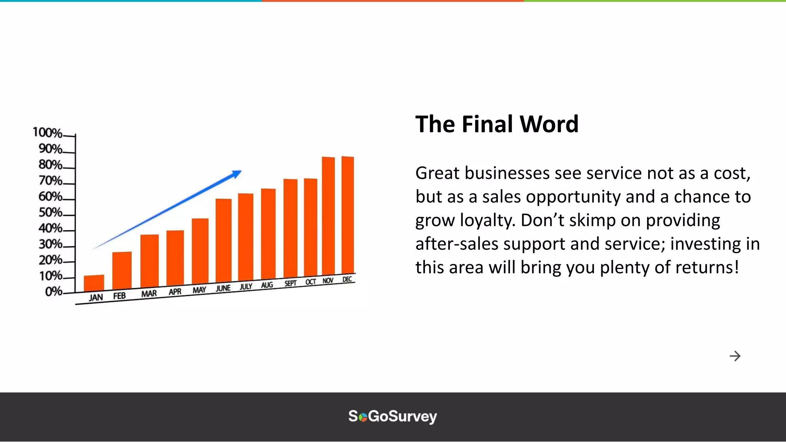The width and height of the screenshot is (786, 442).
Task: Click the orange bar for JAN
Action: [x=94, y=283]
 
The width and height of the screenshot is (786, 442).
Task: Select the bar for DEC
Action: [x=348, y=215]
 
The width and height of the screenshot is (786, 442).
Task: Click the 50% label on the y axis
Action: [x=50, y=212]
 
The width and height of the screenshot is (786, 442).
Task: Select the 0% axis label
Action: [x=53, y=292]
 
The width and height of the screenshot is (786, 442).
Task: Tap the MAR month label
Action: [x=149, y=294]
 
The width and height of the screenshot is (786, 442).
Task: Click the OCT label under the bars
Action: [x=310, y=282]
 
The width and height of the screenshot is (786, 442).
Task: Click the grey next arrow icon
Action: [x=735, y=356]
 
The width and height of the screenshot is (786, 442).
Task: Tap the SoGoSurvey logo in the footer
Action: [x=393, y=417]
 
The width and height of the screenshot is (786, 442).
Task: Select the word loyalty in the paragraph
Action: [x=487, y=221]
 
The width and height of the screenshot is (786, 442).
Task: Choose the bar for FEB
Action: [x=122, y=270]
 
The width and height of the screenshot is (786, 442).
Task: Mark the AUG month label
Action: [x=267, y=285]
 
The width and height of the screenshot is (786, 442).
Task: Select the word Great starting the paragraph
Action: [x=438, y=173]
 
